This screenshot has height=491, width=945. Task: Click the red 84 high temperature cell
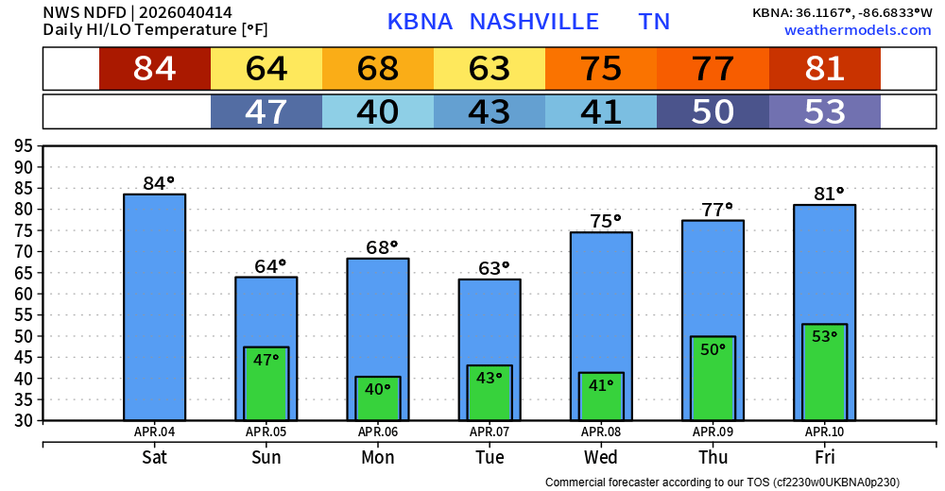[x=155, y=69]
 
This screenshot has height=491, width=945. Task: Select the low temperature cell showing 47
[x=266, y=111]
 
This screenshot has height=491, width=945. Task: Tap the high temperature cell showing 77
[x=713, y=69]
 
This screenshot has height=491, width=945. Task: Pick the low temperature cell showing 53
[x=824, y=111]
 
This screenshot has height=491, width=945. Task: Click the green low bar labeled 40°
[x=378, y=398]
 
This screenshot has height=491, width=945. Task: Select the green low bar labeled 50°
[x=713, y=378]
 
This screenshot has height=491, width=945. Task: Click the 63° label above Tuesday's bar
[x=493, y=268]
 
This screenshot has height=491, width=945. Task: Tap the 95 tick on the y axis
[x=24, y=146]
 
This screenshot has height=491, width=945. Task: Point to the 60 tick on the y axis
[x=24, y=294]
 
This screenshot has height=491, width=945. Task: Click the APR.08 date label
[x=601, y=432]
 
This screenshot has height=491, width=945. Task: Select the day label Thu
[x=713, y=458]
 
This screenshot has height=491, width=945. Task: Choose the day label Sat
[x=155, y=458]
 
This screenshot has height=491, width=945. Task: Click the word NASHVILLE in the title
[x=534, y=22]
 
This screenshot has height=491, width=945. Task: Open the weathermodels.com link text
[x=857, y=30]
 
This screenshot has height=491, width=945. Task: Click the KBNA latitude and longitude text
[x=841, y=12]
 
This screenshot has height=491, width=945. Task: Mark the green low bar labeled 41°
[x=601, y=397]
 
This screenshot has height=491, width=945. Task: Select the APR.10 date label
[x=824, y=432]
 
